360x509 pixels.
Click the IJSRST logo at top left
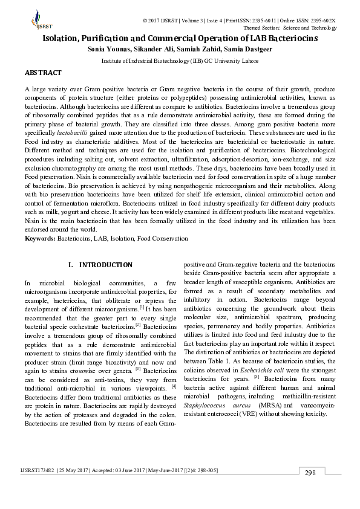(38, 20)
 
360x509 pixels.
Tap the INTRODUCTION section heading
(105, 265)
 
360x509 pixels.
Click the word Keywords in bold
(39, 239)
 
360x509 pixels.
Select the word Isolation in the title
(62, 38)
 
